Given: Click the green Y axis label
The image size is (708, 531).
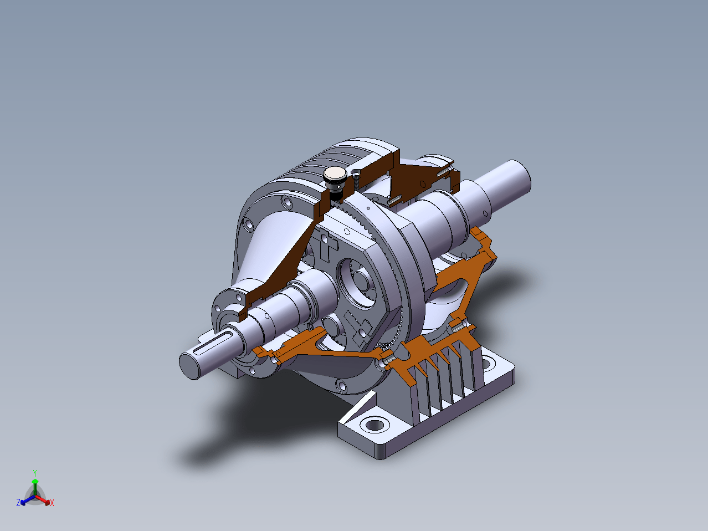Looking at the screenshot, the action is pos(35,473).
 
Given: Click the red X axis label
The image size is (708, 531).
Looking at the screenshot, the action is pos(52,503).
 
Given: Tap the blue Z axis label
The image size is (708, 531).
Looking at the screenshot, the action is pos(18,502).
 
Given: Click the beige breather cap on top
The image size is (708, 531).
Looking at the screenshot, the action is pos(335,174).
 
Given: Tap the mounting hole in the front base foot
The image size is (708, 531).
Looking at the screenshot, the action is pos(374,424).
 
